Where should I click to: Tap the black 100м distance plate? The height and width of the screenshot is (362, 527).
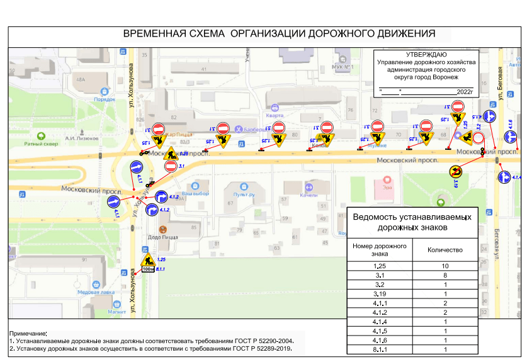[148, 269]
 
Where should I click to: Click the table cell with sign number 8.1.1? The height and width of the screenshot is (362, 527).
[379, 349]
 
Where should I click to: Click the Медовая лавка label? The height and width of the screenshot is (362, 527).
[96, 292]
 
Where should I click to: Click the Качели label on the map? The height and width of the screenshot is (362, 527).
[309, 195]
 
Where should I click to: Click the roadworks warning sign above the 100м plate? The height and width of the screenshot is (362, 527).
[148, 257]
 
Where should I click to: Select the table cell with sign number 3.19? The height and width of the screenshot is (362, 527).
[379, 293]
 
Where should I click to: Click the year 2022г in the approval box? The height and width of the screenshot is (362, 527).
[464, 92]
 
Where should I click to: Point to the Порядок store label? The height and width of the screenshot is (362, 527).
[105, 99]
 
